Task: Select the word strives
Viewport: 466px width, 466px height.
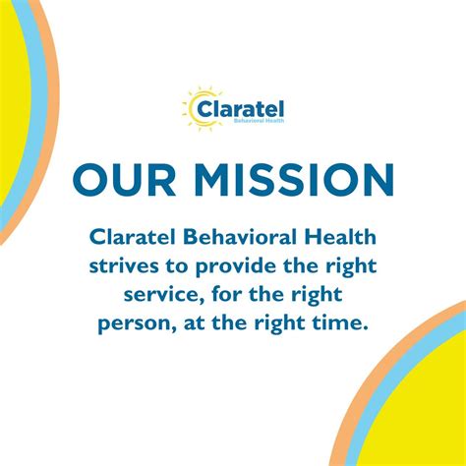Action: click(124, 267)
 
